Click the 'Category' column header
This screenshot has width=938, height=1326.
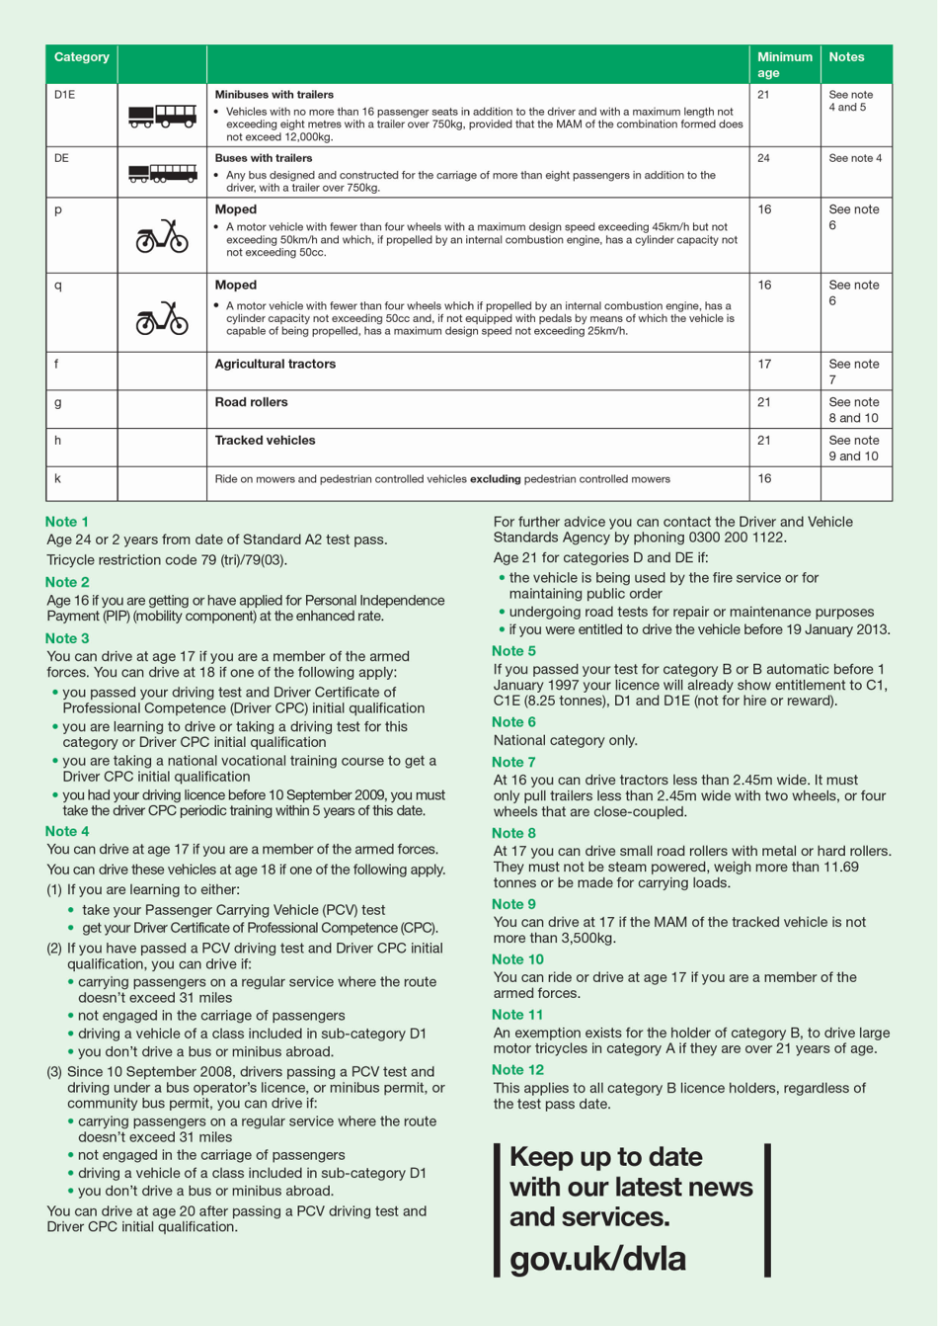pyautogui.click(x=82, y=57)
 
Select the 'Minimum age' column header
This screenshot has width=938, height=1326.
pyautogui.click(x=784, y=64)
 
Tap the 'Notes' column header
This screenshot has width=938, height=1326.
pyautogui.click(x=846, y=57)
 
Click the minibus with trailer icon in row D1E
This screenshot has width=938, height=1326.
pyautogui.click(x=162, y=117)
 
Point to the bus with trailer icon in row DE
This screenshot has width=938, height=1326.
pyautogui.click(x=162, y=174)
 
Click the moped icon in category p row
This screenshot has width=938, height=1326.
pyautogui.click(x=162, y=236)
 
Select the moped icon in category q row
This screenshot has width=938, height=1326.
pyautogui.click(x=162, y=318)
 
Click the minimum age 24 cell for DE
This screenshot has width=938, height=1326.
pyautogui.click(x=763, y=158)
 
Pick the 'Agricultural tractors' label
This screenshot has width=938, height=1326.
pyautogui.click(x=275, y=365)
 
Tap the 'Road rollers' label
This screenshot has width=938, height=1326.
pyautogui.click(x=251, y=403)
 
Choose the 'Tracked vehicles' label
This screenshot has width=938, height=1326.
pyautogui.click(x=265, y=441)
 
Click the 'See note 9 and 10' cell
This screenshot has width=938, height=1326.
pyautogui.click(x=854, y=449)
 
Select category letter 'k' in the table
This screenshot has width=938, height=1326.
pyautogui.click(x=58, y=479)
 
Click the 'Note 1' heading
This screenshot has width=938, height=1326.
pyautogui.click(x=67, y=522)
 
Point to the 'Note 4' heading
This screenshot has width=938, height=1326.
pyautogui.click(x=67, y=832)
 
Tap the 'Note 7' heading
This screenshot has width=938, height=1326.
pyautogui.click(x=513, y=763)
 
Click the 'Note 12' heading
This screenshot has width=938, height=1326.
pyautogui.click(x=517, y=1070)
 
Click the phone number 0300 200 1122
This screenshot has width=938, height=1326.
pyautogui.click(x=746, y=538)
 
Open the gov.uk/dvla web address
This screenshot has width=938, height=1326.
pyautogui.click(x=597, y=1259)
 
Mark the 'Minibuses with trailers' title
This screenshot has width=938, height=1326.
pyautogui.click(x=274, y=95)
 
